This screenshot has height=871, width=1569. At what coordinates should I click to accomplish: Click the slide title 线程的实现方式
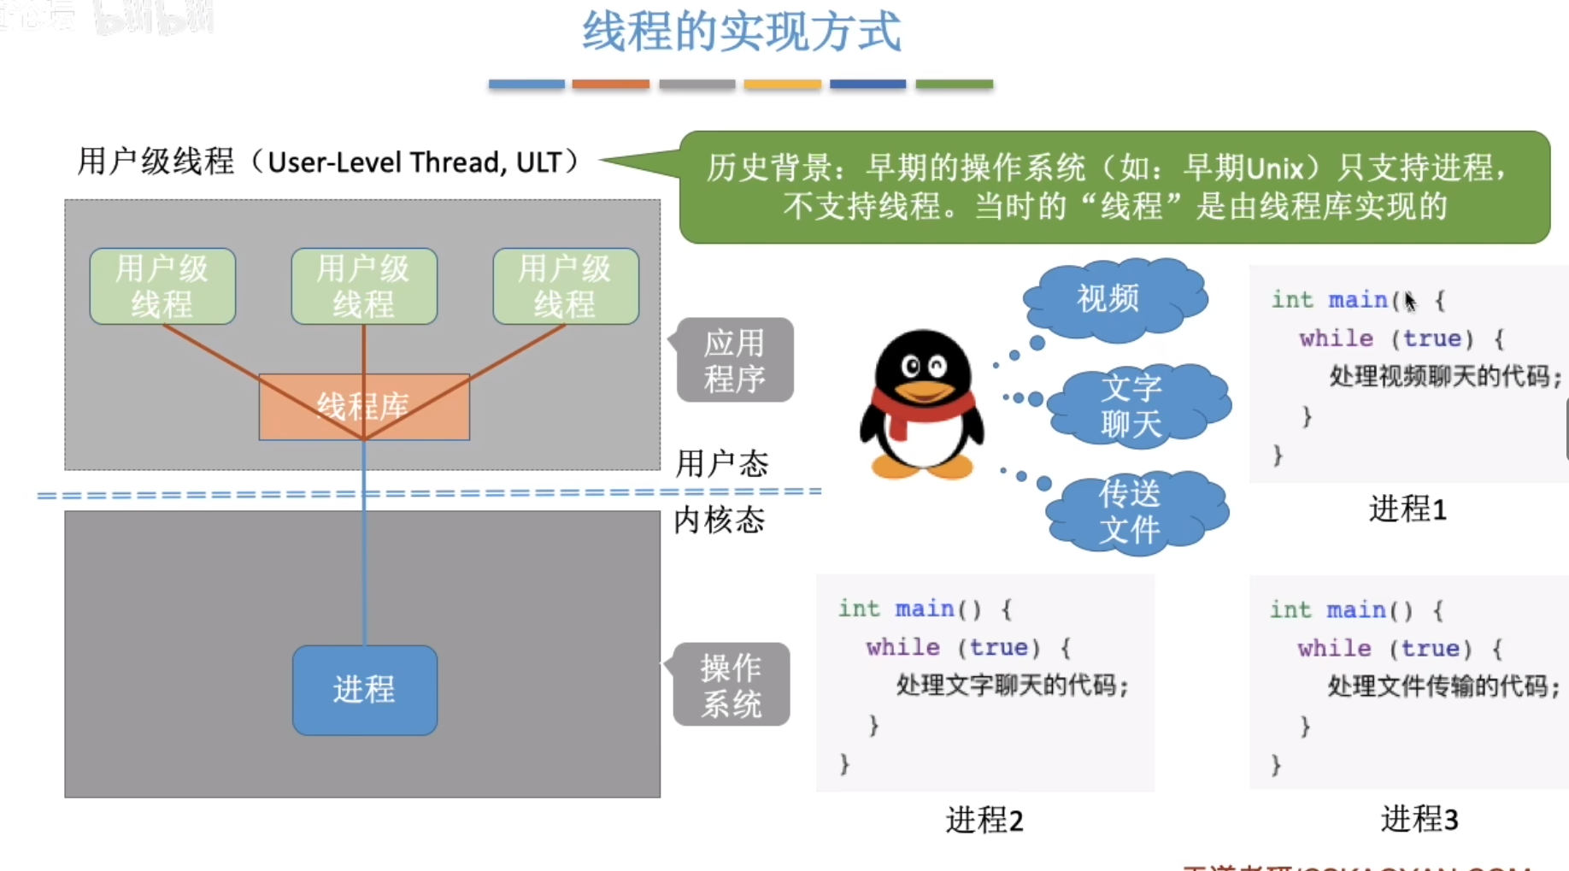tap(741, 32)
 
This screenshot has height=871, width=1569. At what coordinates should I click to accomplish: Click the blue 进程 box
tap(365, 690)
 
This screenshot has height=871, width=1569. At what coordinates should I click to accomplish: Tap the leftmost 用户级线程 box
tap(162, 286)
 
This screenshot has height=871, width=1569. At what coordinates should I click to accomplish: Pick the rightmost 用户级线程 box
tap(566, 286)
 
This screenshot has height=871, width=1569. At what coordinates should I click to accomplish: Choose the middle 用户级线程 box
tap(364, 286)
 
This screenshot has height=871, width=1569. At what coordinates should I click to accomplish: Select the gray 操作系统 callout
tap(732, 685)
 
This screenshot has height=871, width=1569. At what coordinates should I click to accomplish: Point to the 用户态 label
tap(722, 464)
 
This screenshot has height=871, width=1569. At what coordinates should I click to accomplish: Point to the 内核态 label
tap(720, 520)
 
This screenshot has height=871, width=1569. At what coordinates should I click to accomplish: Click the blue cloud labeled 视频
tap(1111, 297)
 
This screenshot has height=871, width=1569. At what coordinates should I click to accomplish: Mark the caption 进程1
tap(1407, 509)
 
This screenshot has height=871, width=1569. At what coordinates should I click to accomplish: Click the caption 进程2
tap(984, 820)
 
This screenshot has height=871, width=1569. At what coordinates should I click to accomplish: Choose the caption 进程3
tap(1419, 819)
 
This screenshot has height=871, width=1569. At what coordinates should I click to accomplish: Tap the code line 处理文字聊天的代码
tap(1012, 686)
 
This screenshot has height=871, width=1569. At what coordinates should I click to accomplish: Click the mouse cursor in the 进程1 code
tap(1409, 301)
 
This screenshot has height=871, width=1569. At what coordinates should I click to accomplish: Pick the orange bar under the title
tap(611, 84)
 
